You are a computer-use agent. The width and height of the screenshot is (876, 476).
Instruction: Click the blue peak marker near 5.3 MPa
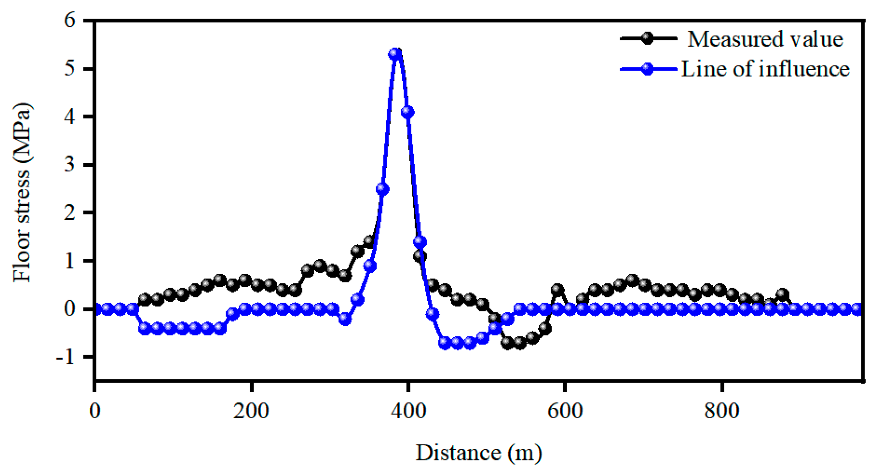(x=395, y=54)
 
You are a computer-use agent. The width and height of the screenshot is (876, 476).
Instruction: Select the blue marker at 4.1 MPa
(x=407, y=112)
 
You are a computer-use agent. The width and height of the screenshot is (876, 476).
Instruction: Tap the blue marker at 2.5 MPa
(x=383, y=189)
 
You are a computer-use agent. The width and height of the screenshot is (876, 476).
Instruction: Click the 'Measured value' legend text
(x=765, y=39)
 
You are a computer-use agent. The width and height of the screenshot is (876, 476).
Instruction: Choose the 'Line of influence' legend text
(x=765, y=69)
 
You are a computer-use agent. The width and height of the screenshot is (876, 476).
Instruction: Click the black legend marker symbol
(x=647, y=38)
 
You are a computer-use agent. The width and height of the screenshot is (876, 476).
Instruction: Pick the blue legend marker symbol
(x=647, y=69)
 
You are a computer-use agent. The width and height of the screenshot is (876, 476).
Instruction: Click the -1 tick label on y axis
(x=66, y=357)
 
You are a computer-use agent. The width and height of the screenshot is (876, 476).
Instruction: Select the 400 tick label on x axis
(x=408, y=411)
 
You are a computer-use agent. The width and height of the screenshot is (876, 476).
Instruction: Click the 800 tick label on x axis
(x=722, y=411)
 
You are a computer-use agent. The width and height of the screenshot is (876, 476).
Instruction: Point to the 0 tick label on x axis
(x=95, y=411)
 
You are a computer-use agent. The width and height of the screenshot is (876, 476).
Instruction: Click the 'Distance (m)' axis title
(x=478, y=453)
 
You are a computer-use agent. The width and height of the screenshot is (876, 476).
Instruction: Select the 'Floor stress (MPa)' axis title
(x=22, y=192)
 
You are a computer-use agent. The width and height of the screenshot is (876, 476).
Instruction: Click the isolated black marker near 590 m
(x=557, y=290)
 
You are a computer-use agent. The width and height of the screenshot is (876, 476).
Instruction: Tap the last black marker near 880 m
(x=782, y=294)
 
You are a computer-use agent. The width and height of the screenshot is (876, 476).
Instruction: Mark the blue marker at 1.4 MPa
(x=420, y=241)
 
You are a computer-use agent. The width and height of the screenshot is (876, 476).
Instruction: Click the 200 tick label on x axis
(x=251, y=411)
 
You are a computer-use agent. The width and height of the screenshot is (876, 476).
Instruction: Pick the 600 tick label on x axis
(x=565, y=411)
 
